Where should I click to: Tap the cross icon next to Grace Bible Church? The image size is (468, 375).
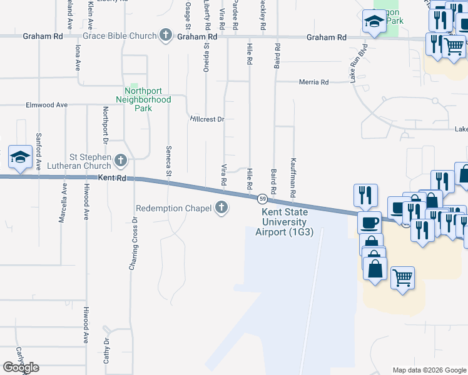pos(166,35)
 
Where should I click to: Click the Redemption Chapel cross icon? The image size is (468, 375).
pos(221,208)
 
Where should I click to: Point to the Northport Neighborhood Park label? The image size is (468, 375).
pos(143,99)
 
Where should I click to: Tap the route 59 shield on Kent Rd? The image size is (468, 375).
pos(263,199)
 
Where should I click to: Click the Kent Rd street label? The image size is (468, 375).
pos(112,178)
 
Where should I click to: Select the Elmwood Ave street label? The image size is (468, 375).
pos(46,105)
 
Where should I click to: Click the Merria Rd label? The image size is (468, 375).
pos(314,82)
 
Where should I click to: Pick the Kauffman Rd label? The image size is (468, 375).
pos(293,179)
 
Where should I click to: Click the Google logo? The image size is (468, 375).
pos(21,367)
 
